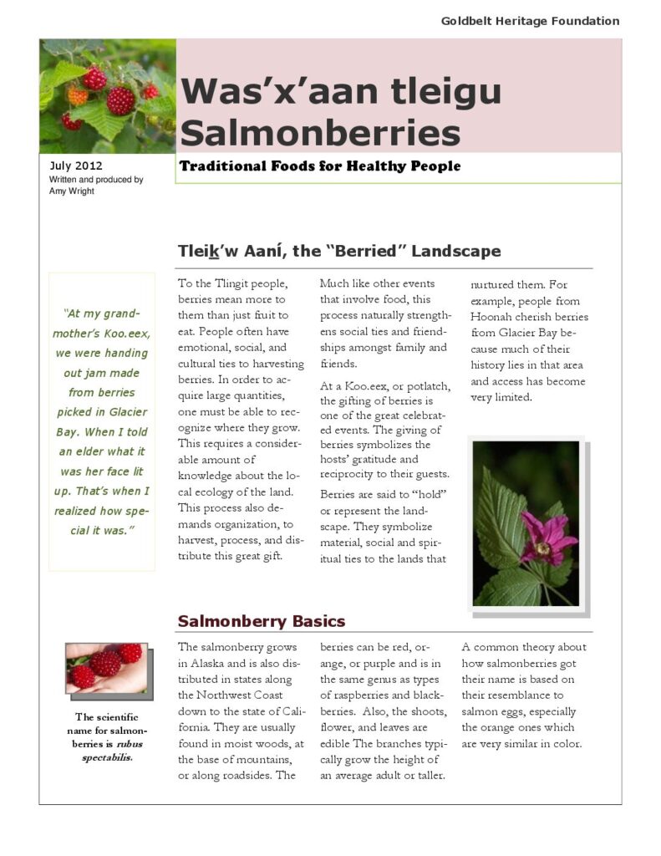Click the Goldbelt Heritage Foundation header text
(x=530, y=21)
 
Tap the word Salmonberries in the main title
(x=320, y=132)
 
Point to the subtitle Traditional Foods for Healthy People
(x=319, y=166)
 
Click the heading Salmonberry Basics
(x=261, y=621)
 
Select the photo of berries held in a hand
(x=106, y=668)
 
